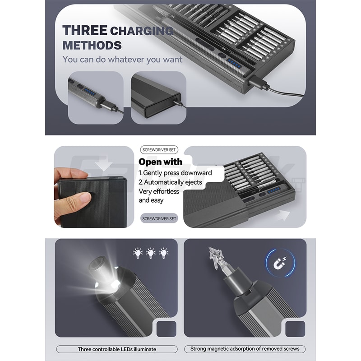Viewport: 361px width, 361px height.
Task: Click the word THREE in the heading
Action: (x=85, y=31)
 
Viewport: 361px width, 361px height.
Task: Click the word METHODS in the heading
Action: (x=92, y=45)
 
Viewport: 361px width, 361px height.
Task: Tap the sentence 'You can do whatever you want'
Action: (x=122, y=59)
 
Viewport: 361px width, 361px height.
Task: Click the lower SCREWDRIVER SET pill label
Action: (x=159, y=218)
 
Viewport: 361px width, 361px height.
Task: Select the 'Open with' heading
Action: (x=160, y=162)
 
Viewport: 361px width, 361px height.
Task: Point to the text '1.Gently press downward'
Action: (x=175, y=173)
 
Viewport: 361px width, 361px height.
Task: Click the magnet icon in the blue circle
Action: (x=280, y=263)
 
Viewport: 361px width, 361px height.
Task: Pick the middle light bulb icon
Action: (x=151, y=253)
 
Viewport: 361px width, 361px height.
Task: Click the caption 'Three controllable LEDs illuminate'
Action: (x=117, y=349)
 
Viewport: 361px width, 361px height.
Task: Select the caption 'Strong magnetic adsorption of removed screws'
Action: (x=245, y=349)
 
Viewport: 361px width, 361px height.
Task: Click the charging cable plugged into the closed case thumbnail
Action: (x=180, y=103)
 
